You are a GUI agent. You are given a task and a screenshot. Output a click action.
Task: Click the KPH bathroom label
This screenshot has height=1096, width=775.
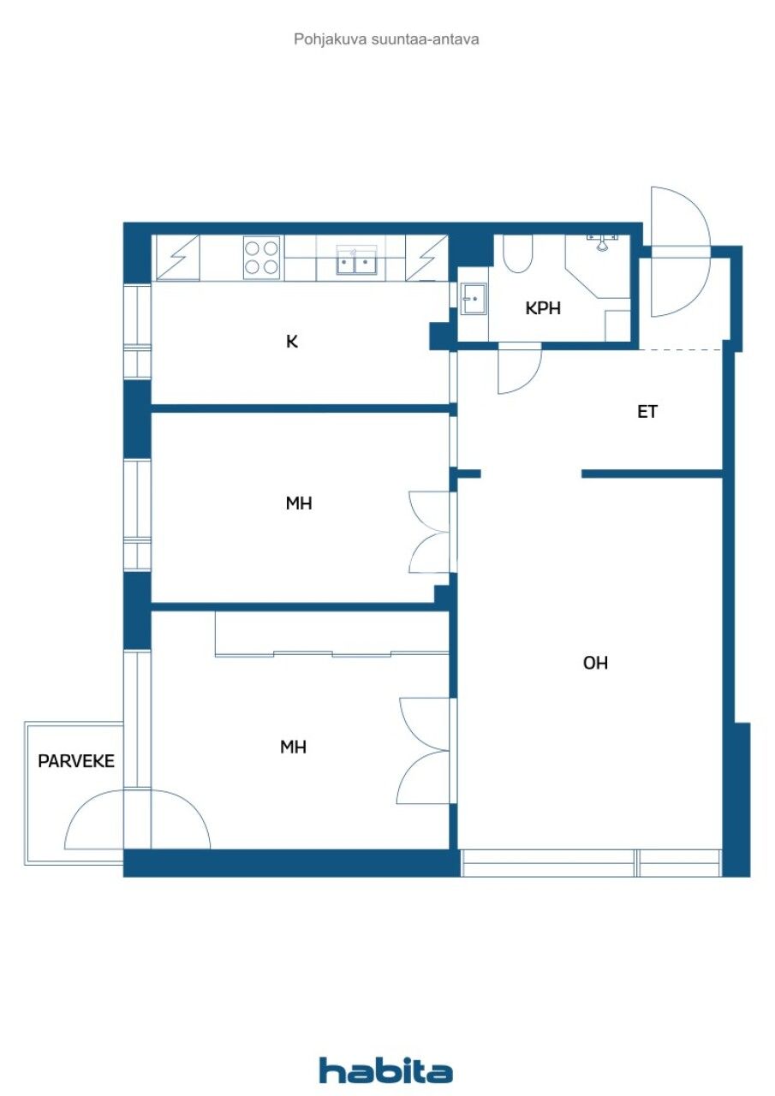click(x=543, y=308)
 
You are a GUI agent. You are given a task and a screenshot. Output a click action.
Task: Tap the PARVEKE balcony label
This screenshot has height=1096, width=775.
click(x=75, y=760)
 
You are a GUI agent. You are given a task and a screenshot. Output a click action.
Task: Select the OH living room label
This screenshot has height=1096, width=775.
click(x=595, y=663)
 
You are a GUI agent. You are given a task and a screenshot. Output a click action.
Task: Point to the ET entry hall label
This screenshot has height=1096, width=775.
click(x=647, y=412)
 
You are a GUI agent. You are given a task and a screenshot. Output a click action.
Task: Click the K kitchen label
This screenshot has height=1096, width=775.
click(x=292, y=342)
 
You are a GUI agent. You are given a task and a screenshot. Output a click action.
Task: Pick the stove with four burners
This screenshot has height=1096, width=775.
click(x=262, y=257)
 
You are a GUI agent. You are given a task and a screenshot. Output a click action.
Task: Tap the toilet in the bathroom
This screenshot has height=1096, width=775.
click(x=518, y=254)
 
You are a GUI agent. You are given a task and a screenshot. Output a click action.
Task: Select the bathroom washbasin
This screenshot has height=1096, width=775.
click(x=472, y=299)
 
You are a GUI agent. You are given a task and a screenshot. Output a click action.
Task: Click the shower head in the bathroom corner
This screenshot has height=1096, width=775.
click(x=603, y=242)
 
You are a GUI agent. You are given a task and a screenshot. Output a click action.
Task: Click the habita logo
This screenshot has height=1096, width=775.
click(x=386, y=1070)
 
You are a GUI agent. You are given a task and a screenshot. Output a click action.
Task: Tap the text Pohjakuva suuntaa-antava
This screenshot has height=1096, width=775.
click(x=386, y=39)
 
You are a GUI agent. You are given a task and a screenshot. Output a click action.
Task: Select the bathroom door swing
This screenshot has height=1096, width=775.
click(x=520, y=368)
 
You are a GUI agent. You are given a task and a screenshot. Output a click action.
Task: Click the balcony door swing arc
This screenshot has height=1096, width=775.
click(x=137, y=819)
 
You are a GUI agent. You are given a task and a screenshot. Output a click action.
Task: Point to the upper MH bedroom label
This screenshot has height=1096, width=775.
click(x=299, y=503)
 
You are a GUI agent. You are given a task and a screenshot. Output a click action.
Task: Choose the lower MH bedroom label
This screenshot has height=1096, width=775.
click(x=293, y=748)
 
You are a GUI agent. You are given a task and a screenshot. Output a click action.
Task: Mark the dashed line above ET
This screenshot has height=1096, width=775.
click(x=681, y=349)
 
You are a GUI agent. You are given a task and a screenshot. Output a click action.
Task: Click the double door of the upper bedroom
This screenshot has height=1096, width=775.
click(x=431, y=532)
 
